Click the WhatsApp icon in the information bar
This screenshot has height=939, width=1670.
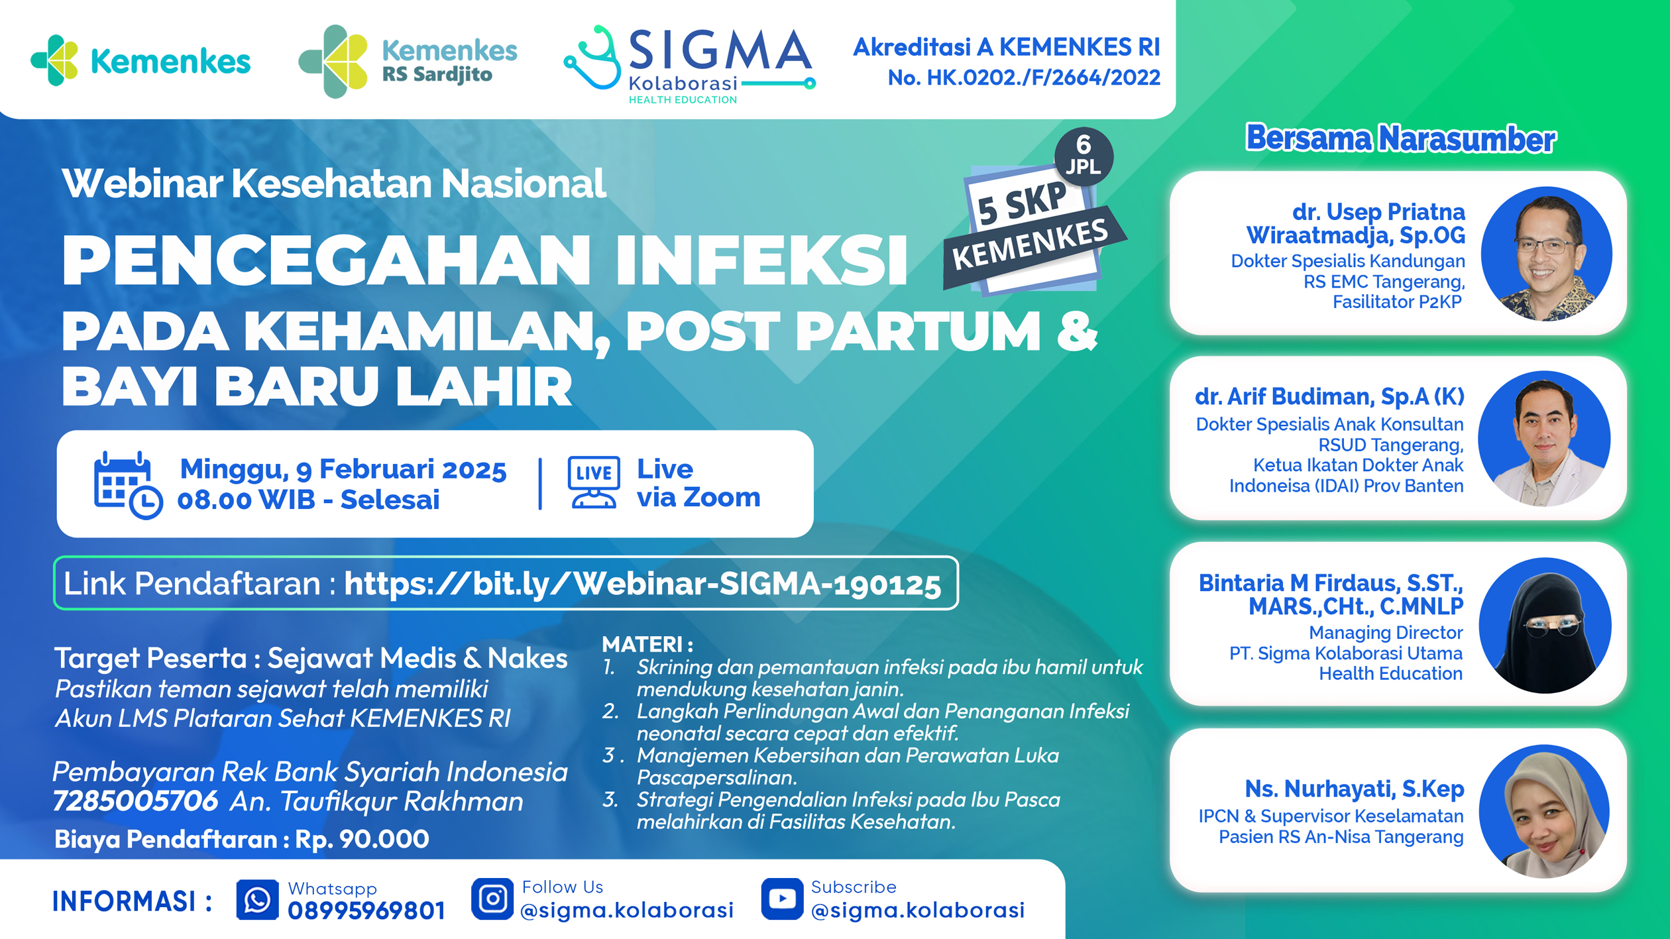(257, 900)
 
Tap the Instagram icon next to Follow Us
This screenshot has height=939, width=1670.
(492, 899)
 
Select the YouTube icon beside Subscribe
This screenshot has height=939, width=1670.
(782, 899)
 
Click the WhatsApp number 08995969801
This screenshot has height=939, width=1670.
(366, 911)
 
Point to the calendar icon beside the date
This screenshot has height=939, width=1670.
(127, 484)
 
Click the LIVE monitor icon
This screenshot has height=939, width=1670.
(594, 482)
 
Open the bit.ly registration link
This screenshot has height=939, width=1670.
(642, 584)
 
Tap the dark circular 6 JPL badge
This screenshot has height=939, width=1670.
(1084, 156)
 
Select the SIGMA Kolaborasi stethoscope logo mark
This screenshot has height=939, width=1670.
(592, 60)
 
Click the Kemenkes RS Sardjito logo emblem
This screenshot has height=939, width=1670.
(333, 62)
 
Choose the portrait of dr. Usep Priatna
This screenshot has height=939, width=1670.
(1547, 253)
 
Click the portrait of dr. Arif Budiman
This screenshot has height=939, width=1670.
(1544, 438)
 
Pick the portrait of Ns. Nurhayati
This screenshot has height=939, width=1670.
(1544, 812)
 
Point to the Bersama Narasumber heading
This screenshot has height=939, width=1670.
(1400, 138)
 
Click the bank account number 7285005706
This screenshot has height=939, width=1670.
(136, 801)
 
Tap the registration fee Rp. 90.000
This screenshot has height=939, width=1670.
(362, 839)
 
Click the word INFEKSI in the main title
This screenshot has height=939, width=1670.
(762, 260)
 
